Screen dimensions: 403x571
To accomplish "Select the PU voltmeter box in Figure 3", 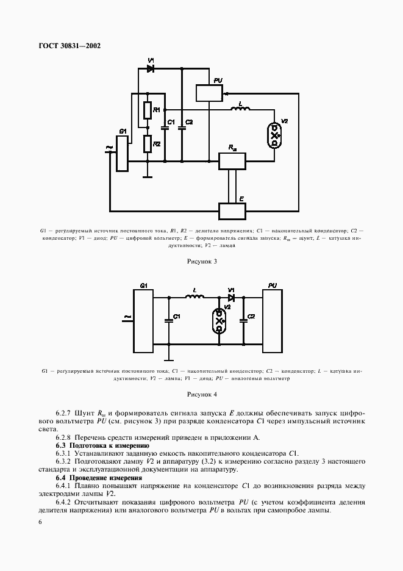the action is tap(209, 93).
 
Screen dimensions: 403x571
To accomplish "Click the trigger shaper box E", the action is tap(232, 210).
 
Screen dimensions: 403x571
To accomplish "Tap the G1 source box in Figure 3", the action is tap(122, 153).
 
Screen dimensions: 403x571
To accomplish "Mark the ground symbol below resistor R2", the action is tap(148, 178).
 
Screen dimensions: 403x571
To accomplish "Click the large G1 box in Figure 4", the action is tap(143, 321).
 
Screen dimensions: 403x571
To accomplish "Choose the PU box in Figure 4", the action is tap(272, 321).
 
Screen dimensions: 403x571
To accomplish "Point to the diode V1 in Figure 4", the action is tap(232, 298).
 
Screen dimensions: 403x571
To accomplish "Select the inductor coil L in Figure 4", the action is tap(195, 297).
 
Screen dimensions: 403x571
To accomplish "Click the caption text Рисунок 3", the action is tap(202, 261).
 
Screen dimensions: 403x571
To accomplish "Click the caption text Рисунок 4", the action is tap(202, 393).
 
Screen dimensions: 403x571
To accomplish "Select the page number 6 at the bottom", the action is tap(40, 522).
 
